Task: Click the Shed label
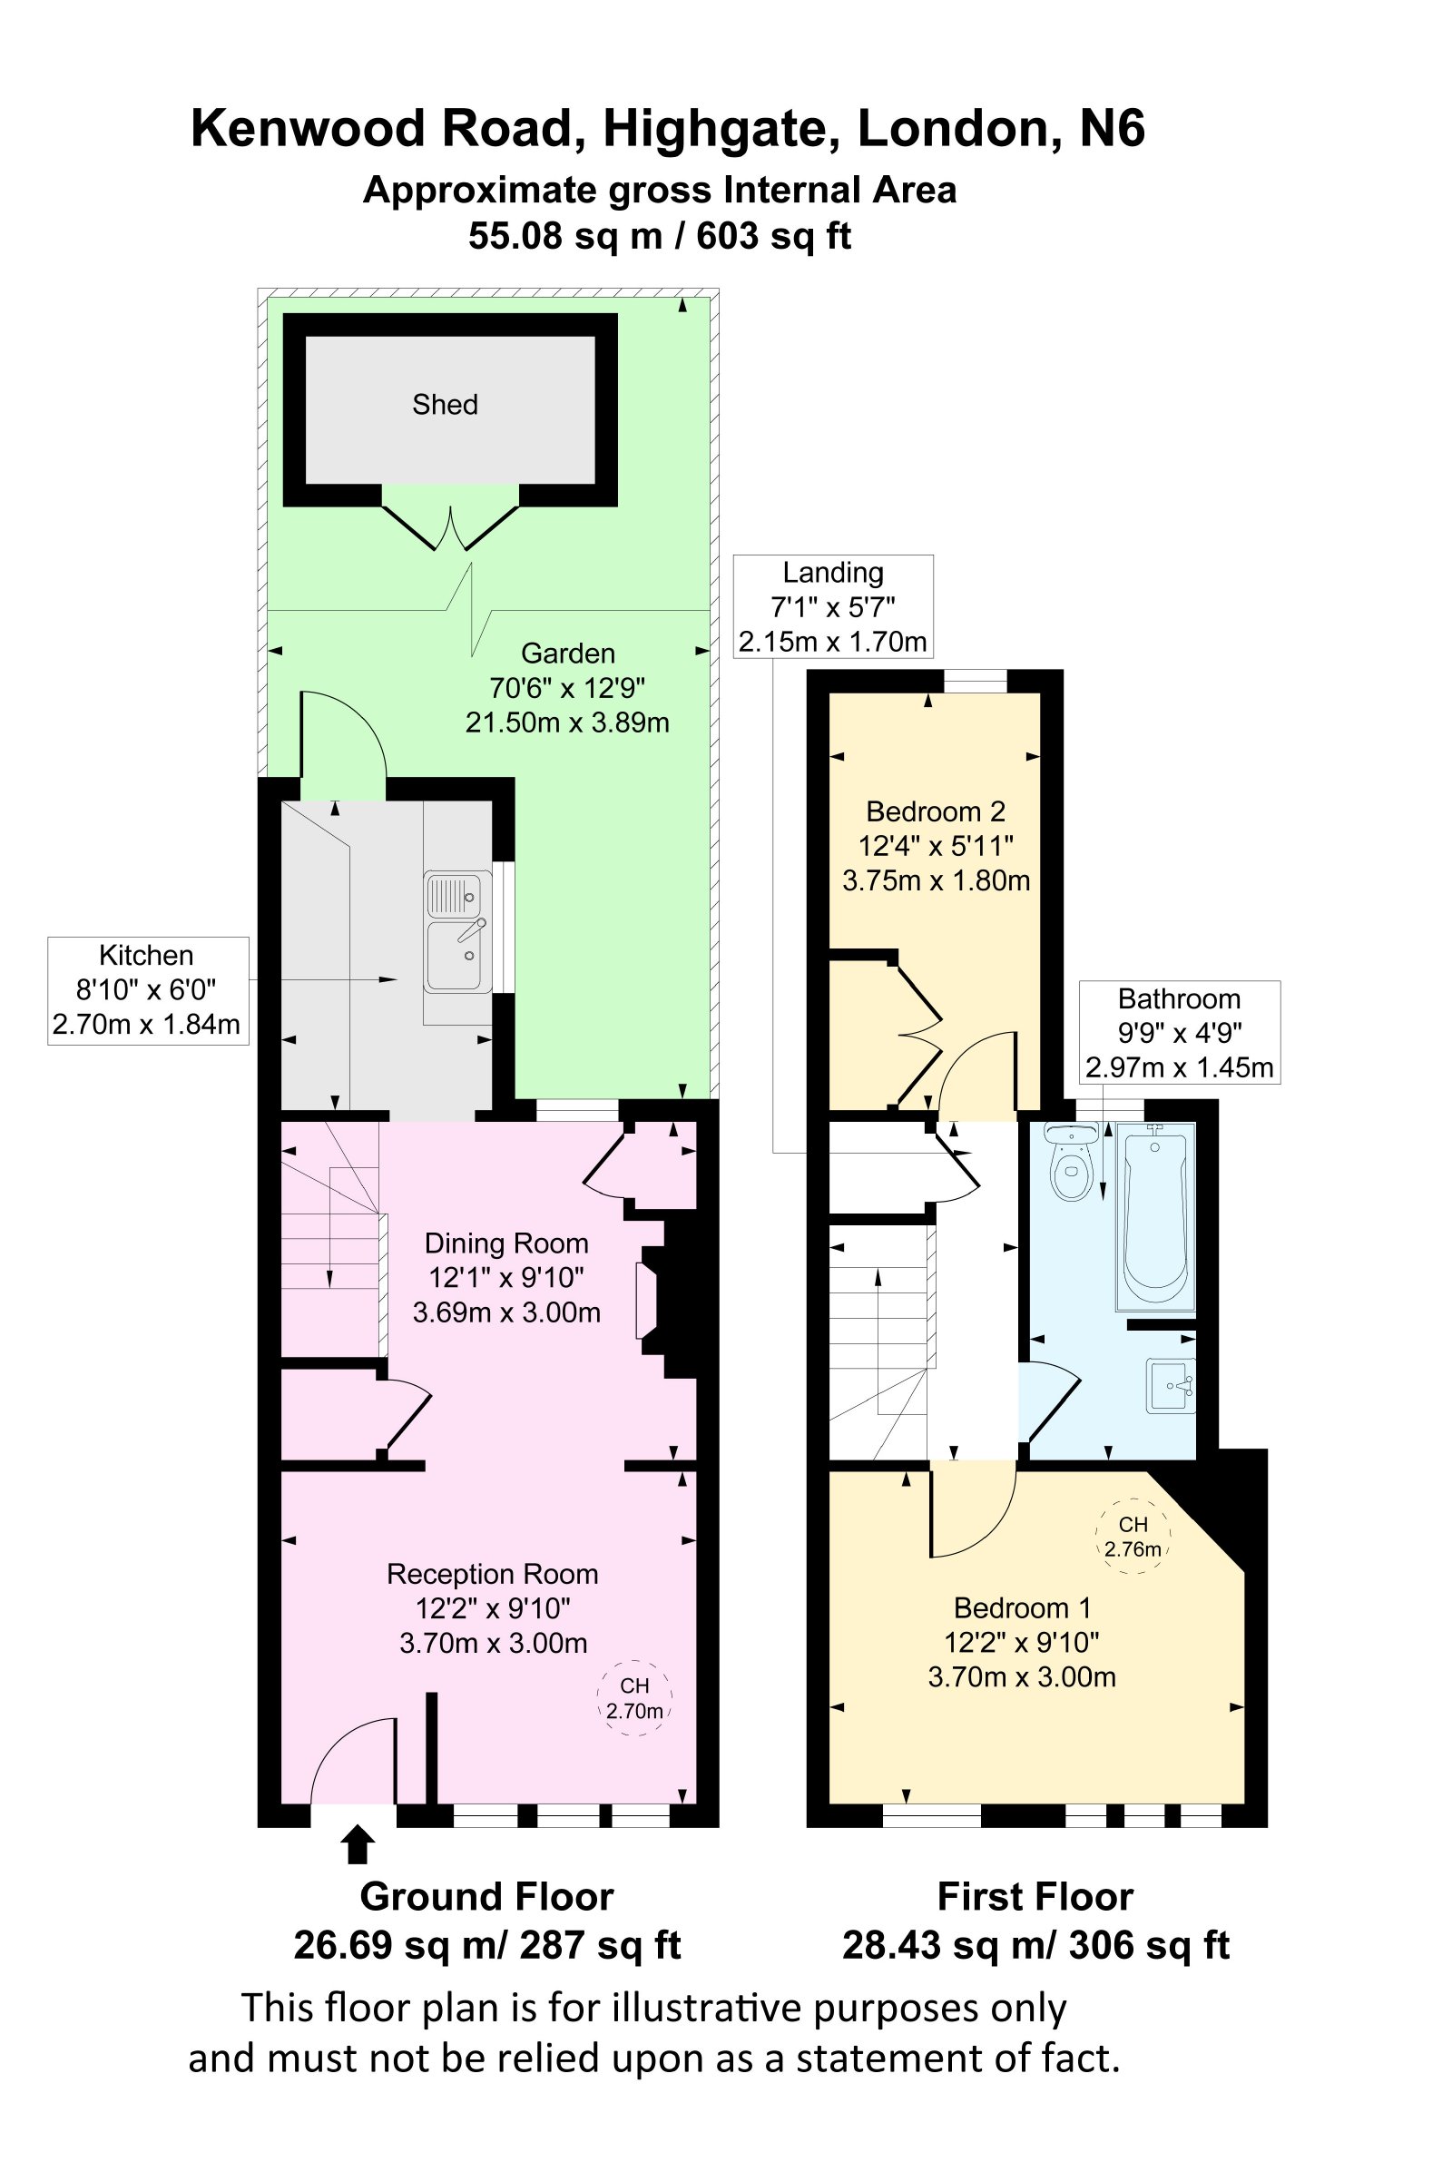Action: pyautogui.click(x=445, y=405)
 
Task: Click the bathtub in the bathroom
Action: pyautogui.click(x=1155, y=1216)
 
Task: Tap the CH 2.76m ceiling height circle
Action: pyautogui.click(x=1133, y=1536)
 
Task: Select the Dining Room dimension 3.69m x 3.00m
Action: pyautogui.click(x=506, y=1312)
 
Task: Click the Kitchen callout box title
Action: pyautogui.click(x=146, y=955)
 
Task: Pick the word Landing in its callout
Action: pyautogui.click(x=832, y=572)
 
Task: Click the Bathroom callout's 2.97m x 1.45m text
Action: pyautogui.click(x=1179, y=1067)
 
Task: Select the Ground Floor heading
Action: pyautogui.click(x=487, y=1897)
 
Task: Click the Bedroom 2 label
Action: pyautogui.click(x=936, y=811)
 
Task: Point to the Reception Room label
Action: pyautogui.click(x=493, y=1574)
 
